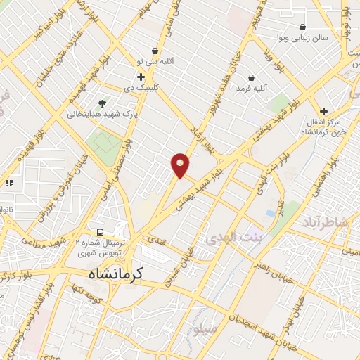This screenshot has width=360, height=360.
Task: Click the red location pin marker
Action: point(181,165)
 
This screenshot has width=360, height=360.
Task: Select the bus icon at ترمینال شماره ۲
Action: point(101,232)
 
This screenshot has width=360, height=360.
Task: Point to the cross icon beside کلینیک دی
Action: point(141,77)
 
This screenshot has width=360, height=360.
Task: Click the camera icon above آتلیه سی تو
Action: point(173,50)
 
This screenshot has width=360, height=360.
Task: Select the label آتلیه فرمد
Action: point(253,89)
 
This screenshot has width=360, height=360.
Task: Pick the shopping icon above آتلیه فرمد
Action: point(252,77)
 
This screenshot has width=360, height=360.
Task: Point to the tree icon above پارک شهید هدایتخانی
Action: point(103,103)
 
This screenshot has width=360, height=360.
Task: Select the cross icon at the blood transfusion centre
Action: point(323,111)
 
